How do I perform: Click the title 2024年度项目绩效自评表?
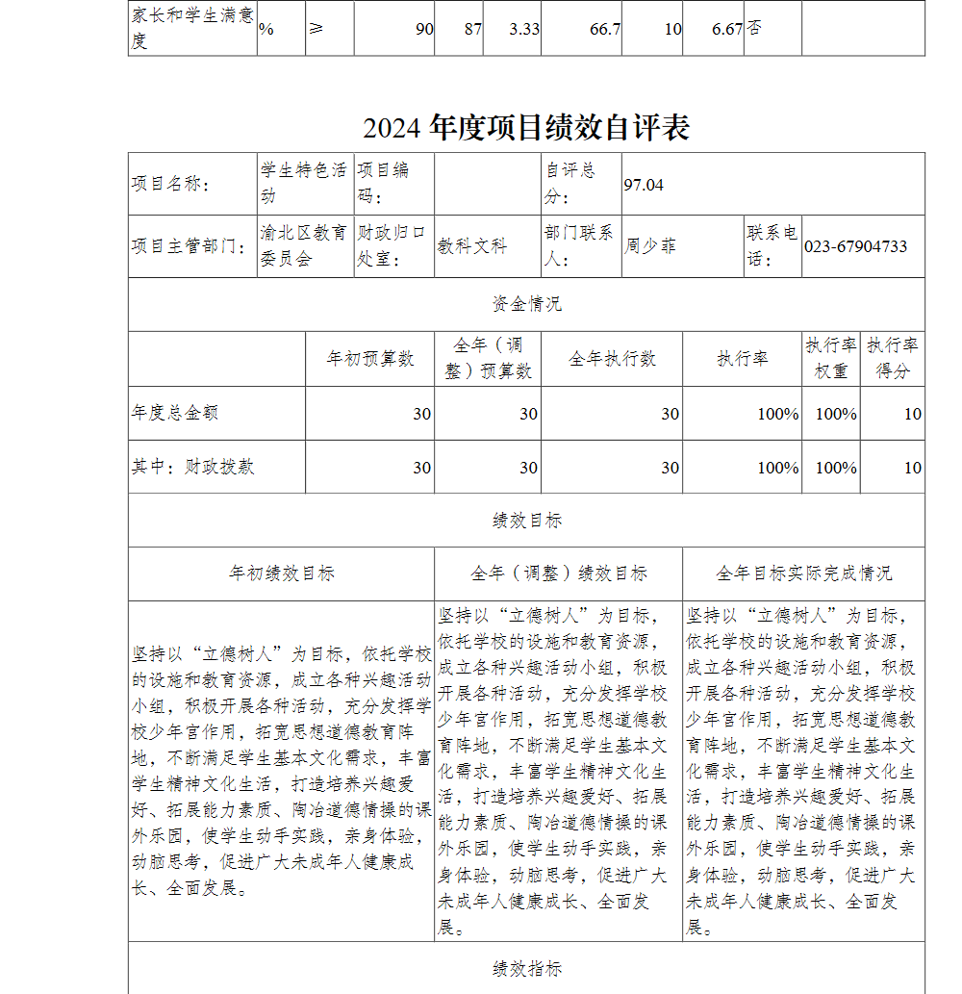click(x=526, y=128)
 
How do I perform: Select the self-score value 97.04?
click(x=644, y=184)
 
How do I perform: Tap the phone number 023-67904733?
click(x=855, y=246)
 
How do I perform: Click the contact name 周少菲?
click(x=650, y=246)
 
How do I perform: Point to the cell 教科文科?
click(x=472, y=246)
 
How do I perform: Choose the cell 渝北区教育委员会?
click(x=303, y=246)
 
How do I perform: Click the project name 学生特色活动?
click(x=303, y=183)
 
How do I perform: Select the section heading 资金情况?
click(x=526, y=305)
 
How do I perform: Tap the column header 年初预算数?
click(x=370, y=359)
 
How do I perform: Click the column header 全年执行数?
click(x=612, y=359)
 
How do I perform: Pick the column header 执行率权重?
click(x=831, y=358)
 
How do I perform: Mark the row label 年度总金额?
click(x=175, y=413)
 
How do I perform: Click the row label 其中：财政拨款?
click(x=193, y=467)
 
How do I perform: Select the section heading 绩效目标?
click(x=526, y=521)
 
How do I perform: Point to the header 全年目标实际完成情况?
click(x=803, y=573)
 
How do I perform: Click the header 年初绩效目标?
click(x=282, y=573)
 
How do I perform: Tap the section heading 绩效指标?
click(x=526, y=969)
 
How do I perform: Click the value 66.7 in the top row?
click(x=604, y=29)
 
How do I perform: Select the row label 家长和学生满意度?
click(x=190, y=29)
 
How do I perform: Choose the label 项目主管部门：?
click(x=187, y=246)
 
